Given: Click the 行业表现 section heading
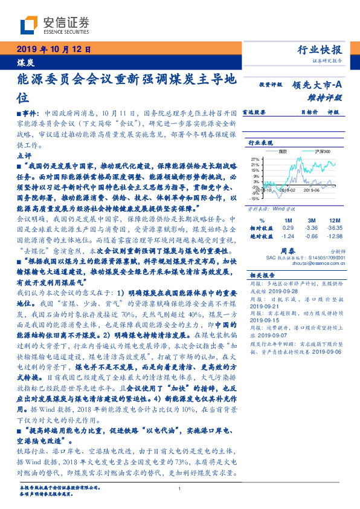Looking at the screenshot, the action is [x=261, y=143].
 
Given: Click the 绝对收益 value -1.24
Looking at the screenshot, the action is [x=288, y=236].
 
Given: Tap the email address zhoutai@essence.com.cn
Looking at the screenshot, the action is [x=322, y=262].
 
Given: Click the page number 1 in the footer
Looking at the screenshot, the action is [x=180, y=488].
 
